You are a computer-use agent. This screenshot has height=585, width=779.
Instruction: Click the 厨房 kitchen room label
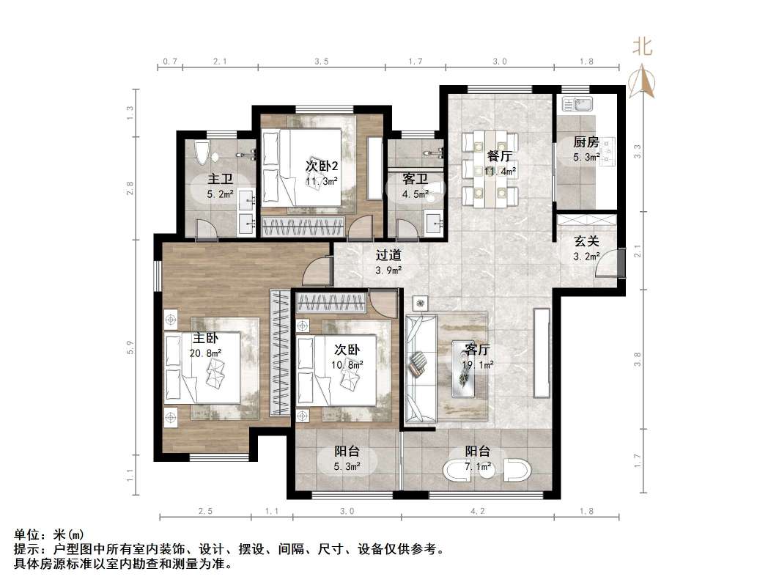[x=586, y=142]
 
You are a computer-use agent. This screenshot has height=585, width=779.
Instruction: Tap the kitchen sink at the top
[x=577, y=104]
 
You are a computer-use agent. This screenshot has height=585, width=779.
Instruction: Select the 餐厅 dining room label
[x=499, y=156]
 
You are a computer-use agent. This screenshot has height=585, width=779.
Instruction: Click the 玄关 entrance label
[x=586, y=241]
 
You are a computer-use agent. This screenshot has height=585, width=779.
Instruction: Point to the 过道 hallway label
[x=388, y=256]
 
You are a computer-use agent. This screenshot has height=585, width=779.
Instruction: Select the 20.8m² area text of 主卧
[x=205, y=353]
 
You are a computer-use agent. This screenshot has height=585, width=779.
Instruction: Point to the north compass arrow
[x=644, y=80]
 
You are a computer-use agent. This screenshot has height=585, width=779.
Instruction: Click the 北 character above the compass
[x=643, y=48]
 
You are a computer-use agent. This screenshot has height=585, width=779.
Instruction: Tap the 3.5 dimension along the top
[x=321, y=62]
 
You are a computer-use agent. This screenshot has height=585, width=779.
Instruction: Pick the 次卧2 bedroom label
[x=321, y=165]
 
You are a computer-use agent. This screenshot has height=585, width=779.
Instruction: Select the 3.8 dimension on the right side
[x=637, y=359]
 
